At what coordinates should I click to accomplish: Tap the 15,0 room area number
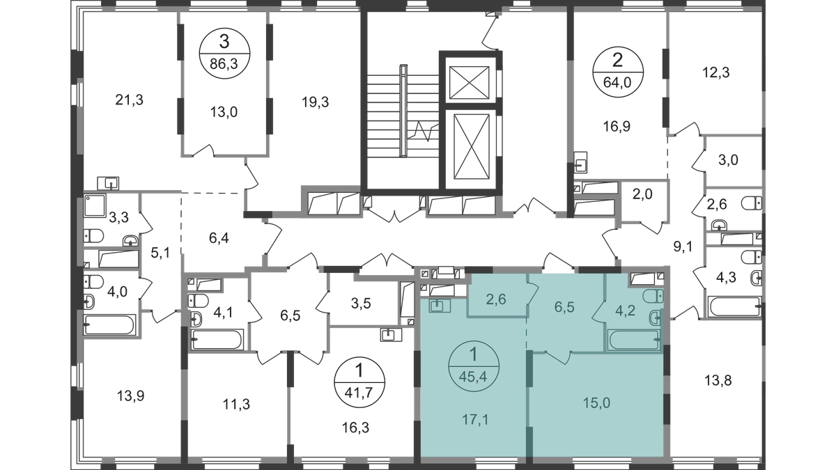596,402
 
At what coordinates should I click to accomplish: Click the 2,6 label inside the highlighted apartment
496,301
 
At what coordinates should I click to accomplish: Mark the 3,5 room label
360,303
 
